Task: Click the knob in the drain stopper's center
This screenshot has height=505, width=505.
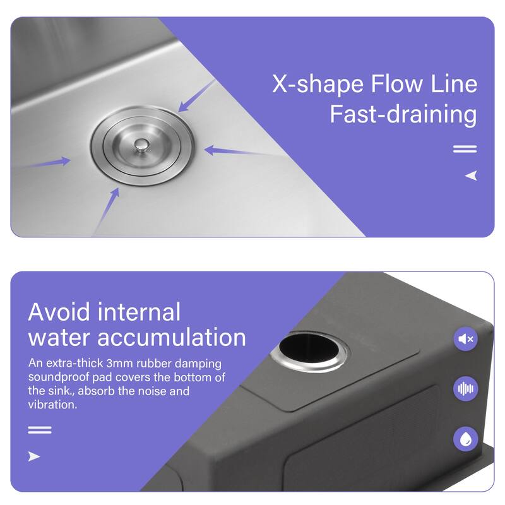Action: coord(141,146)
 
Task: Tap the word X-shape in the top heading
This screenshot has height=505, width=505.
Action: coord(318,84)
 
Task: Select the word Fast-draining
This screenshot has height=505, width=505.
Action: coord(403,115)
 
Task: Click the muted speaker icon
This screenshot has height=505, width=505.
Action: coord(466,339)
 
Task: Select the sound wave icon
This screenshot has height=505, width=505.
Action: coord(466,389)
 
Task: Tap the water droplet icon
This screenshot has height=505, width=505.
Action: coord(466,439)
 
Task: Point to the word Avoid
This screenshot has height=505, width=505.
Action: coord(59,312)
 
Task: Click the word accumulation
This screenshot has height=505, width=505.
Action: coord(172,338)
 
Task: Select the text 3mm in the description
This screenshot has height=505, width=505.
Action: coord(119,364)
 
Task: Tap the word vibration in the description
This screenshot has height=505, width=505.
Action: coord(52,405)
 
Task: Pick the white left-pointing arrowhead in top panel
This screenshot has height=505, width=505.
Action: coord(471,175)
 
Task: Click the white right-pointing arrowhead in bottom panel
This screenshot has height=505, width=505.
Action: coord(34,456)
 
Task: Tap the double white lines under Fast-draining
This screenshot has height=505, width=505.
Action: coord(465,149)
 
